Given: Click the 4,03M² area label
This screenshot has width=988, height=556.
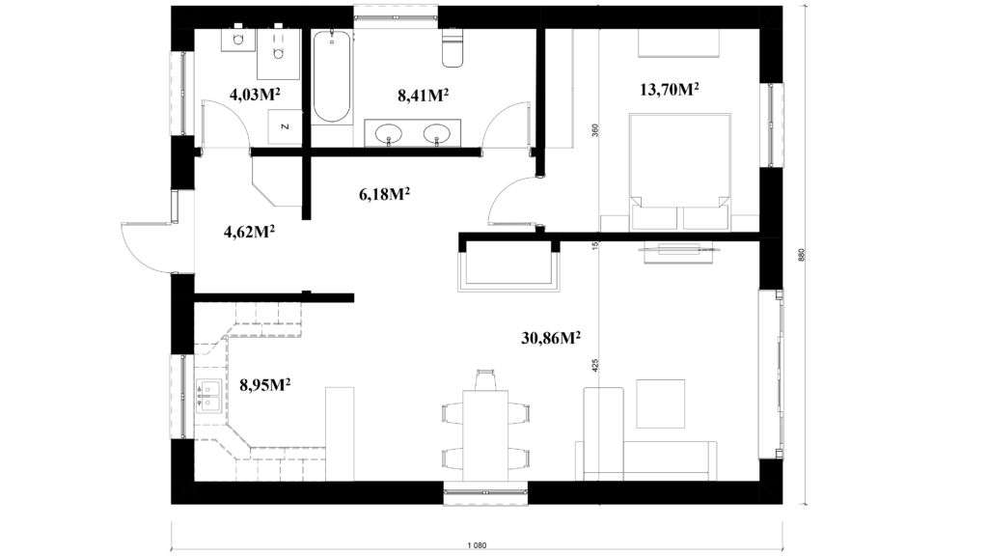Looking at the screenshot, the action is [255, 95].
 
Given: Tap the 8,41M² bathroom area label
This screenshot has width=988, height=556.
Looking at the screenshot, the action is [423, 96].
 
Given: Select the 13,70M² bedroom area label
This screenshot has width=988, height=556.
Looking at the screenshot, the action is [670, 90].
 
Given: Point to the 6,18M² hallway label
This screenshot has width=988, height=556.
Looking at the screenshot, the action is [384, 194].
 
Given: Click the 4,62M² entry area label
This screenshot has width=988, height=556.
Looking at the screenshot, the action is [249, 232].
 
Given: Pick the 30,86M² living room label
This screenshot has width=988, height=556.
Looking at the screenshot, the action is [551, 338].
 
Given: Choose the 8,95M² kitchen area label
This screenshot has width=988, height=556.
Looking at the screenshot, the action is [264, 384].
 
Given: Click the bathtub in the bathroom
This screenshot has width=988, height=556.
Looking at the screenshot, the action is [332, 75].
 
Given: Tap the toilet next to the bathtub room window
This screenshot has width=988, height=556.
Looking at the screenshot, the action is [453, 48].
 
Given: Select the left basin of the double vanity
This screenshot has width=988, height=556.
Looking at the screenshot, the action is [388, 133].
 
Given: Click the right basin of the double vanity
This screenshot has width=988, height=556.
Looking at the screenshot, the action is [437, 133].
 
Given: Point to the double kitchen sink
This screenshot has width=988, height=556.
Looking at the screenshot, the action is [208, 396].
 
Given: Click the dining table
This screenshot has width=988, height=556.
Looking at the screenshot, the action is [485, 435].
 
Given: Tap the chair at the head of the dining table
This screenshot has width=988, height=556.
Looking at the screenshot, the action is [485, 380].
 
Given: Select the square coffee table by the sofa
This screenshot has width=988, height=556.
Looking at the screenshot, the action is [660, 404].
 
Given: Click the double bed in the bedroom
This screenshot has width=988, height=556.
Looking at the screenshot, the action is [680, 172].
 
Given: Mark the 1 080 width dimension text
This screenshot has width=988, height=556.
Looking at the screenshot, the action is [477, 546].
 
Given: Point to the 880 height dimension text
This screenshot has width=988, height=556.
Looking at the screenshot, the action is [802, 255].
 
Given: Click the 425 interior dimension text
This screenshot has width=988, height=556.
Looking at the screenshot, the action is [595, 366].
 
